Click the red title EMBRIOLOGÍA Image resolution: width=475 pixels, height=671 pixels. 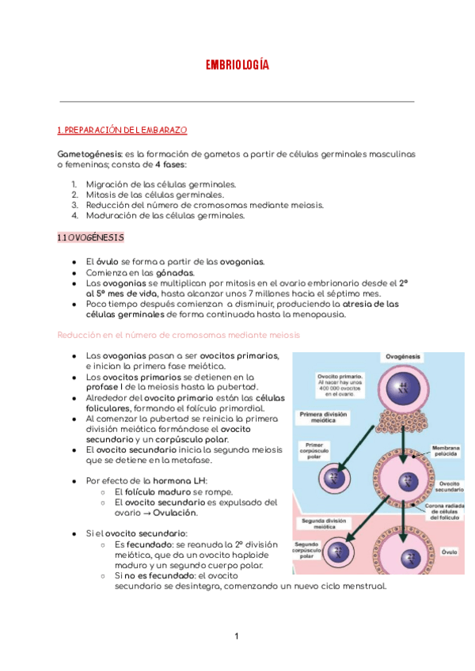(237, 65)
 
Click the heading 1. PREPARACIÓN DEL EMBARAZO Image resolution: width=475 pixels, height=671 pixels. (122, 130)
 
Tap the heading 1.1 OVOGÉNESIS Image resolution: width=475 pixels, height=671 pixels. (90, 237)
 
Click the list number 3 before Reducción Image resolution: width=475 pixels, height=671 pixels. (74, 204)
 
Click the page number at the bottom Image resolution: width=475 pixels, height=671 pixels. (236, 636)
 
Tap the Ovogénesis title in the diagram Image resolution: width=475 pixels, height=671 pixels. (405, 358)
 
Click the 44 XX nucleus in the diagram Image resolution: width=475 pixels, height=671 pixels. (405, 388)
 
